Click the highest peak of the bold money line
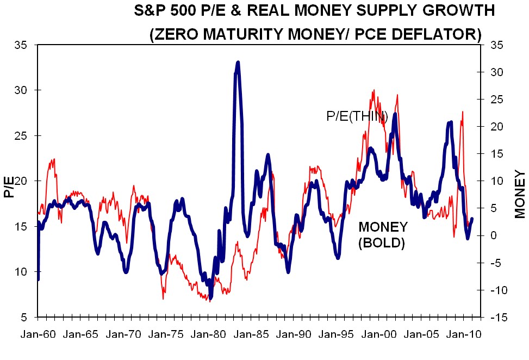point(238,63)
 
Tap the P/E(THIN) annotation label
point(357,115)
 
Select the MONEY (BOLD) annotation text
point(383,235)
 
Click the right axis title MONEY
point(520,194)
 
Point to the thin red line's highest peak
point(374,91)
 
